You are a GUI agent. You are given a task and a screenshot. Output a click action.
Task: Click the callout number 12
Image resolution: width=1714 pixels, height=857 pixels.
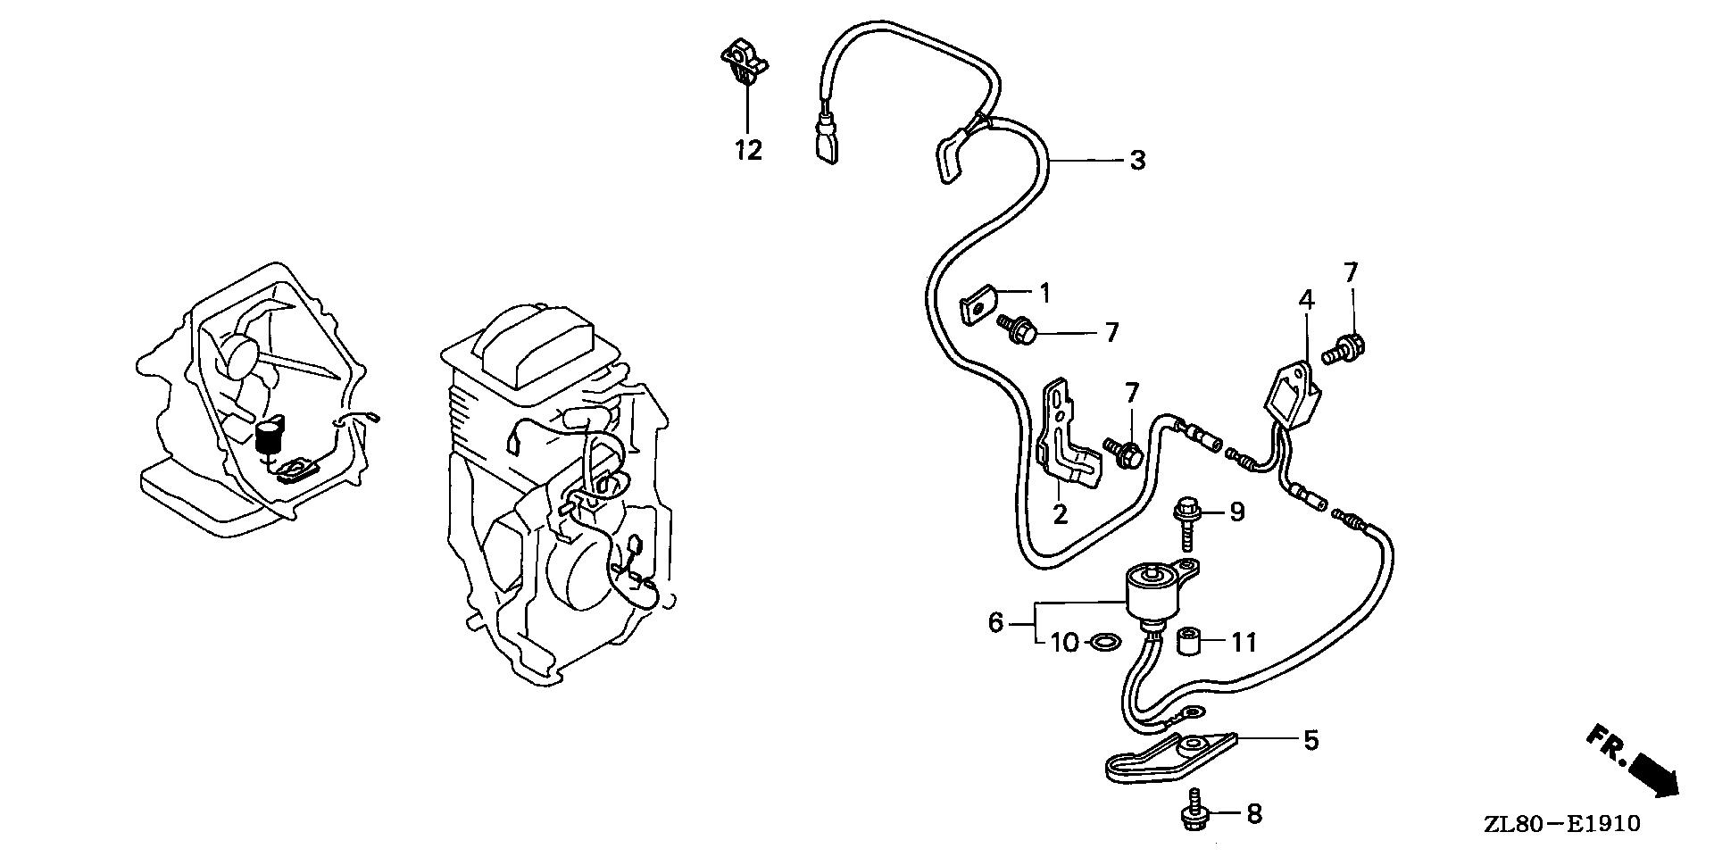[749, 151]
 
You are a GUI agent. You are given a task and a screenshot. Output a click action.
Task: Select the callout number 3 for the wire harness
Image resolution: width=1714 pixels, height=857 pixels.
[1136, 161]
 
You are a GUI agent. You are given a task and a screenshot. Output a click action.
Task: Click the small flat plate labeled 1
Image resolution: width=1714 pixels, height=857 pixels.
[978, 306]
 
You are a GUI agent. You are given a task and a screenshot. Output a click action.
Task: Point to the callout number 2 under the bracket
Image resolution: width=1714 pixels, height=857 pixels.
[1060, 515]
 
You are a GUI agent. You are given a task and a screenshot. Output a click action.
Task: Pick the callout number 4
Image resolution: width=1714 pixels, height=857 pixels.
[1306, 301]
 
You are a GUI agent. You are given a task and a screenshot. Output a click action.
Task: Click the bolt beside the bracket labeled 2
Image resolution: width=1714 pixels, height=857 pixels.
[1122, 451]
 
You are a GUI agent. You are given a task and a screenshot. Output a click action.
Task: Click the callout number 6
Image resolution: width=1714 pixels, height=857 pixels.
[996, 621]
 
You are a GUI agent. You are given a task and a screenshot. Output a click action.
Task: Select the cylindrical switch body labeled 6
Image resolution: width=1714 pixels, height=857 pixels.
[1152, 592]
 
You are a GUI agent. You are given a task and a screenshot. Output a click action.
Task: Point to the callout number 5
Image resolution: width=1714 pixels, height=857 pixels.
[1310, 740]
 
